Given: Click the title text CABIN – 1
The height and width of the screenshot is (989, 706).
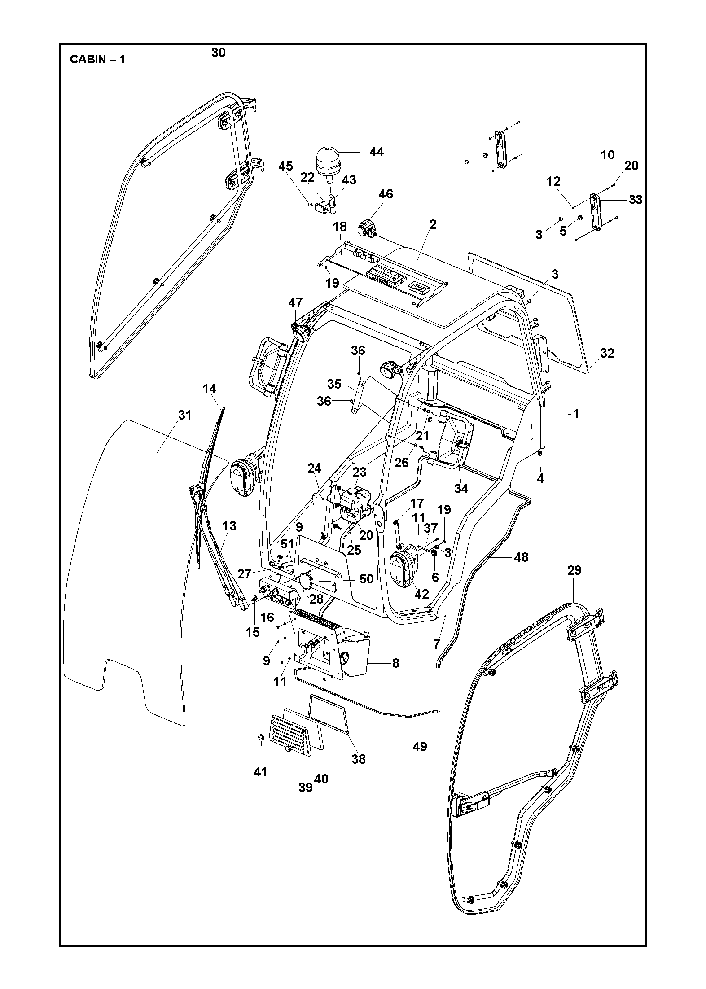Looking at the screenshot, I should pos(97,59).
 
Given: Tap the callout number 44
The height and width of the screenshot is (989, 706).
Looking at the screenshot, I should pos(376,152).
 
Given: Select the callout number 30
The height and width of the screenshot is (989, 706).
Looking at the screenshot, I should pos(218,53).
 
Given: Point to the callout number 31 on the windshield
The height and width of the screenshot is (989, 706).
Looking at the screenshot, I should pos(184,416).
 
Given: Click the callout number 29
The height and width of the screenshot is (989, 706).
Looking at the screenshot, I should pos(574,570).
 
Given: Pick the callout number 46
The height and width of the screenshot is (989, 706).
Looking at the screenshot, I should pos(386,194).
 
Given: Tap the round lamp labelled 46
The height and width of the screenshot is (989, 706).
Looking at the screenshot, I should pos(367,229).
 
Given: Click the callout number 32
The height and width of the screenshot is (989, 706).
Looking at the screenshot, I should pos(607,353).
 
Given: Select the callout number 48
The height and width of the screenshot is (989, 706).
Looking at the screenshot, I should pos(521,557).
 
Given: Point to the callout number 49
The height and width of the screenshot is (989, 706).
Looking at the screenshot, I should pos(420,746).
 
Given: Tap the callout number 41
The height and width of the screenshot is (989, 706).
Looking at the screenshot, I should pos(260,771).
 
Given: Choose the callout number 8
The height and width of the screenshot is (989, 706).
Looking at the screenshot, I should pos(395,663).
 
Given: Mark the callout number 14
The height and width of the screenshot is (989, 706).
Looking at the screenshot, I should pos(209,389).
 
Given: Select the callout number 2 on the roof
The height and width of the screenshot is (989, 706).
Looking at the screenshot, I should pos(433,224).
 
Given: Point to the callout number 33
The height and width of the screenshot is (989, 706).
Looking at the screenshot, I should pos(636,200).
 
